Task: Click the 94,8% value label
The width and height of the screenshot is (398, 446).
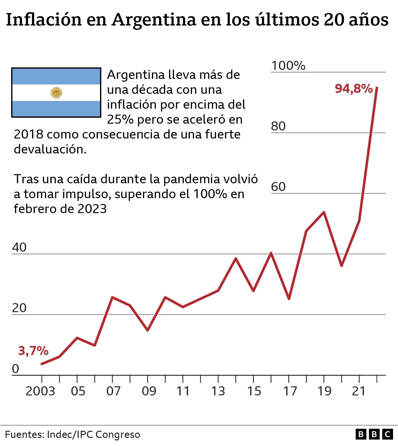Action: point(354,89)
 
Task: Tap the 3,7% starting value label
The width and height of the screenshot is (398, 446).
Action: point(33,351)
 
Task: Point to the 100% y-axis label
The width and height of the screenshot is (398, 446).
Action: point(288,66)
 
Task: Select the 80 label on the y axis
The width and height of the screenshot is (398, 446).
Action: point(278,126)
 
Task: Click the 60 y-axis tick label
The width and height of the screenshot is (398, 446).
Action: point(278,187)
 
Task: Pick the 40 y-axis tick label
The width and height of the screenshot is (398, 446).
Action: point(19,248)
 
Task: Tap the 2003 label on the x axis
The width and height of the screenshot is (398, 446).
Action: point(40,391)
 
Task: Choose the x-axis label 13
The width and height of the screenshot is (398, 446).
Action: point(218,391)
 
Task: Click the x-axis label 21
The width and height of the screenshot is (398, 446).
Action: point(359,391)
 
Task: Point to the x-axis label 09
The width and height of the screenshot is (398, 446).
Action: point(149,391)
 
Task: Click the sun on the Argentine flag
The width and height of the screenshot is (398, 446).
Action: point(56,93)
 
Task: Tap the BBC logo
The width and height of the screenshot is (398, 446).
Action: point(374,434)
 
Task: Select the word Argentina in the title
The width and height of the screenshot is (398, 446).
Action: point(154,20)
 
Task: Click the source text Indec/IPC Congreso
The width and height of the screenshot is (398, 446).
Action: point(93,435)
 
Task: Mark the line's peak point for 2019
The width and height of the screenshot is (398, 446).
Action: point(324,212)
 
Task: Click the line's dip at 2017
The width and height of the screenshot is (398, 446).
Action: point(289,299)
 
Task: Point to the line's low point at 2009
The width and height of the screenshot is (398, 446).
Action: point(148,330)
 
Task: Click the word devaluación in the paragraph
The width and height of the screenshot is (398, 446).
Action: point(50,149)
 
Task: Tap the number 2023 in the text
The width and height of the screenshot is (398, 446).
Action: point(92,209)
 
